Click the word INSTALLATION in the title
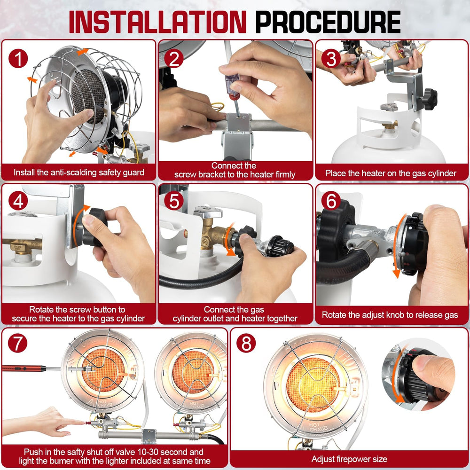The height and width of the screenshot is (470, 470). (157, 22)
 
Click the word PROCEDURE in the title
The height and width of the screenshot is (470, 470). (328, 22)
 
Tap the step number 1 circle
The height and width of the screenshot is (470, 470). (18, 58)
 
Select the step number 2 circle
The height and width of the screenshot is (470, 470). (174, 58)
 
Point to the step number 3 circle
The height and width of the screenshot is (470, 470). (331, 58)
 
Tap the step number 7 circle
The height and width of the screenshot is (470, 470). (17, 343)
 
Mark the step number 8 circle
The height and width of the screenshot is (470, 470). (246, 343)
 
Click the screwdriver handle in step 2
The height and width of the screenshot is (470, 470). (233, 86)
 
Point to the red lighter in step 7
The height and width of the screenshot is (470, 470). (24, 368)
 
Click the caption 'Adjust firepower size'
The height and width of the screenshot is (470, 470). (349, 459)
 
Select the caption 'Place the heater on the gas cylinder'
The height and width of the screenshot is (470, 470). (391, 173)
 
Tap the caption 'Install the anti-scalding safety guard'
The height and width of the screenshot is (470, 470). (79, 172)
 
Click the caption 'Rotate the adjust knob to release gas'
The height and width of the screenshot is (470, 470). (390, 315)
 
